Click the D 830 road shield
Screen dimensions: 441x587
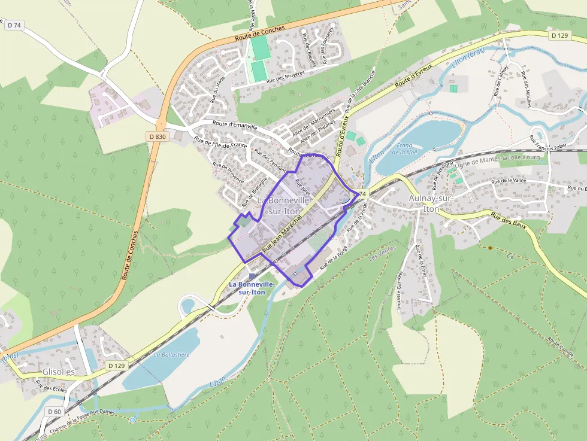click(x=157, y=136)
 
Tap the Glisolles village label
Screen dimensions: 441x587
click(x=59, y=372)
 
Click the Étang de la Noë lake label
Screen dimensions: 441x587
click(x=405, y=149)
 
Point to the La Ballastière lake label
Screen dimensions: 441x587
click(x=171, y=354)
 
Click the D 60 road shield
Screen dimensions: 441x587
click(x=54, y=411)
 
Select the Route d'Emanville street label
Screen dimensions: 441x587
click(x=235, y=126)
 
